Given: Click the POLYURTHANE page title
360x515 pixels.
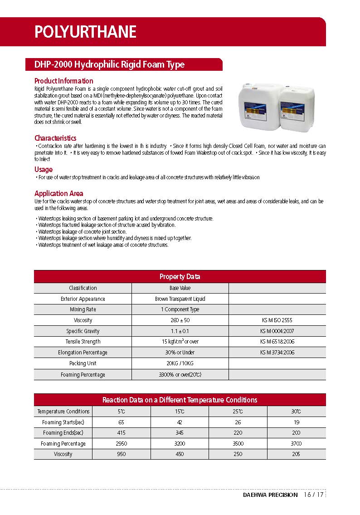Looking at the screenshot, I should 85,32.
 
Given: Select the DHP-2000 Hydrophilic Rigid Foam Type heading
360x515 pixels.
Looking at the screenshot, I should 109,64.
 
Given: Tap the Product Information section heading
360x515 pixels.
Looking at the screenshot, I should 63,81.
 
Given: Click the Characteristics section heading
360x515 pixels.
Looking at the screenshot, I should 55,138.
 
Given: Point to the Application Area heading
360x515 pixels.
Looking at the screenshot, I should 58,193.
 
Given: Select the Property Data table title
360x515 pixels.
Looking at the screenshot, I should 180,277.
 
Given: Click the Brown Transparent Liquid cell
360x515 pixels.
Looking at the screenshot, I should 180,299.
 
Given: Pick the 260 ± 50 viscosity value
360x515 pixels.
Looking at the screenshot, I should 180,320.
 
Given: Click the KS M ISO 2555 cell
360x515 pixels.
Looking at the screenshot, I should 277,320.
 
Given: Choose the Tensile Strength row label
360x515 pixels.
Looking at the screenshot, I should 83,342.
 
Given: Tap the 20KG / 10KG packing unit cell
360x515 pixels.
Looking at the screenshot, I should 180,363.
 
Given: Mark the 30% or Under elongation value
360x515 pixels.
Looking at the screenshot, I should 180,353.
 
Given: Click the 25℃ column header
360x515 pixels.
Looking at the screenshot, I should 238,412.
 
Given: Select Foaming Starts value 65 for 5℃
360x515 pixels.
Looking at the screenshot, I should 121,422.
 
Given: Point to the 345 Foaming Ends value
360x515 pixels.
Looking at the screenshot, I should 180,433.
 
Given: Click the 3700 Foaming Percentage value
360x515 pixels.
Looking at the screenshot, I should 296,444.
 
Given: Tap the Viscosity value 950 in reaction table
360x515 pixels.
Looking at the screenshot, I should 121,454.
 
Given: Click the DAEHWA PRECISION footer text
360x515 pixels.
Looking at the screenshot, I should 270,495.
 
